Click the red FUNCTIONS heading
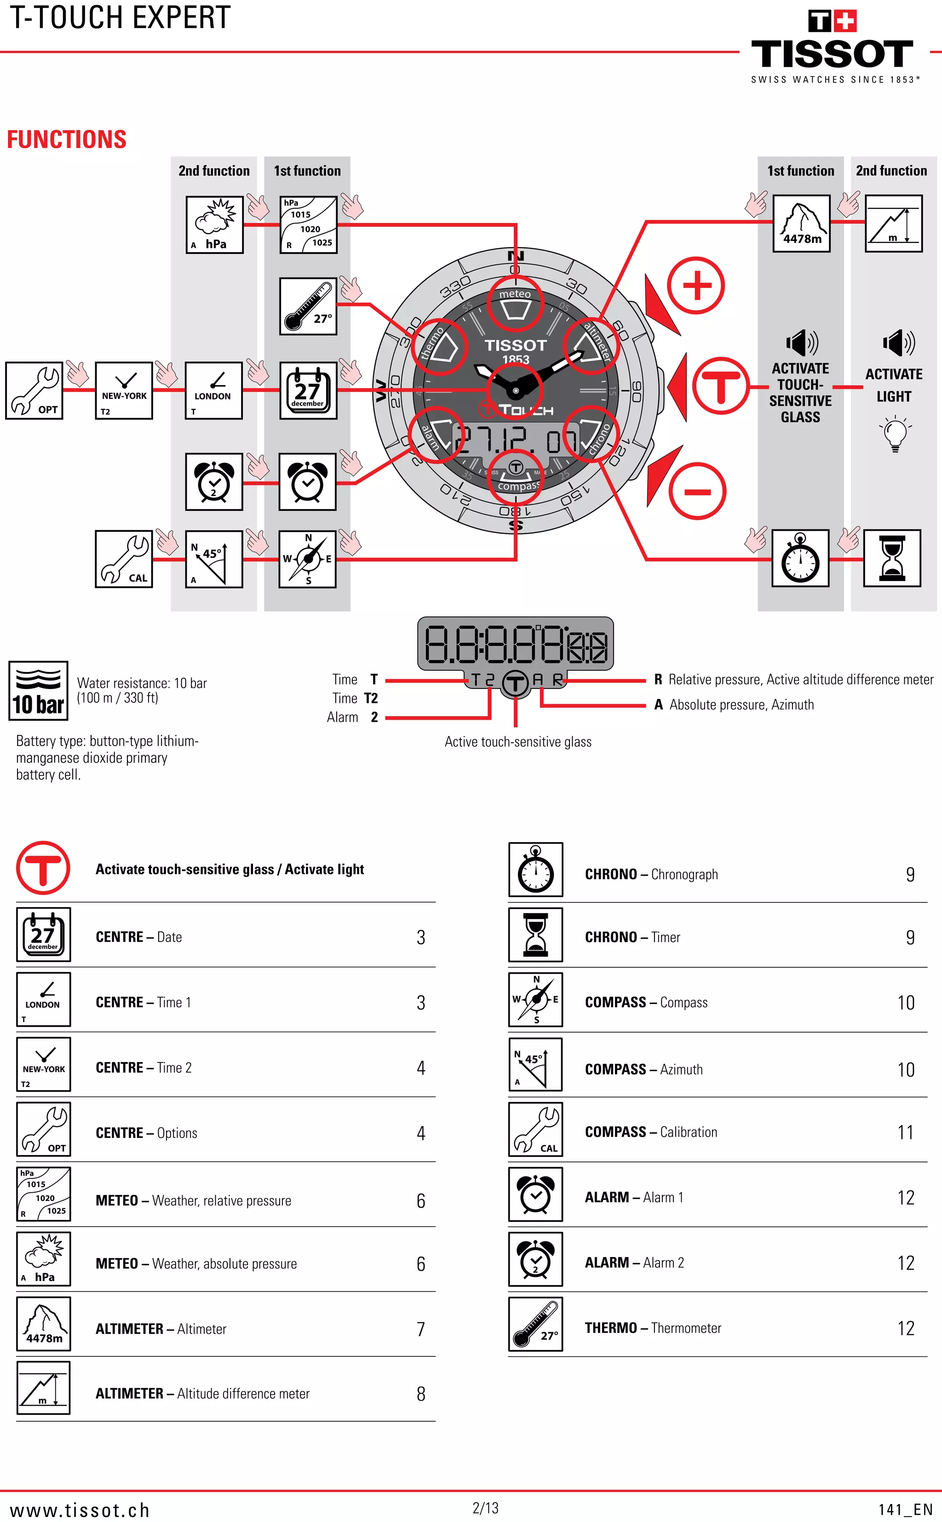(67, 139)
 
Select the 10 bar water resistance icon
(38, 690)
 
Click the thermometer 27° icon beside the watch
(308, 306)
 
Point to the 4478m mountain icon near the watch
(801, 223)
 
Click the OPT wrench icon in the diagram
(34, 390)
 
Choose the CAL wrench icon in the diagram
(123, 559)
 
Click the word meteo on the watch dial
(515, 293)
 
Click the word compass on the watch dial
(517, 485)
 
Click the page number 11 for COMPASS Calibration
(905, 1132)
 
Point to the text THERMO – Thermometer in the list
(652, 1327)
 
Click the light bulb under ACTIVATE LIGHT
(895, 434)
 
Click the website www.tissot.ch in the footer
(80, 1510)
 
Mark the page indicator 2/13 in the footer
(485, 1508)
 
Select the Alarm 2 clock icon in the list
(535, 1258)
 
